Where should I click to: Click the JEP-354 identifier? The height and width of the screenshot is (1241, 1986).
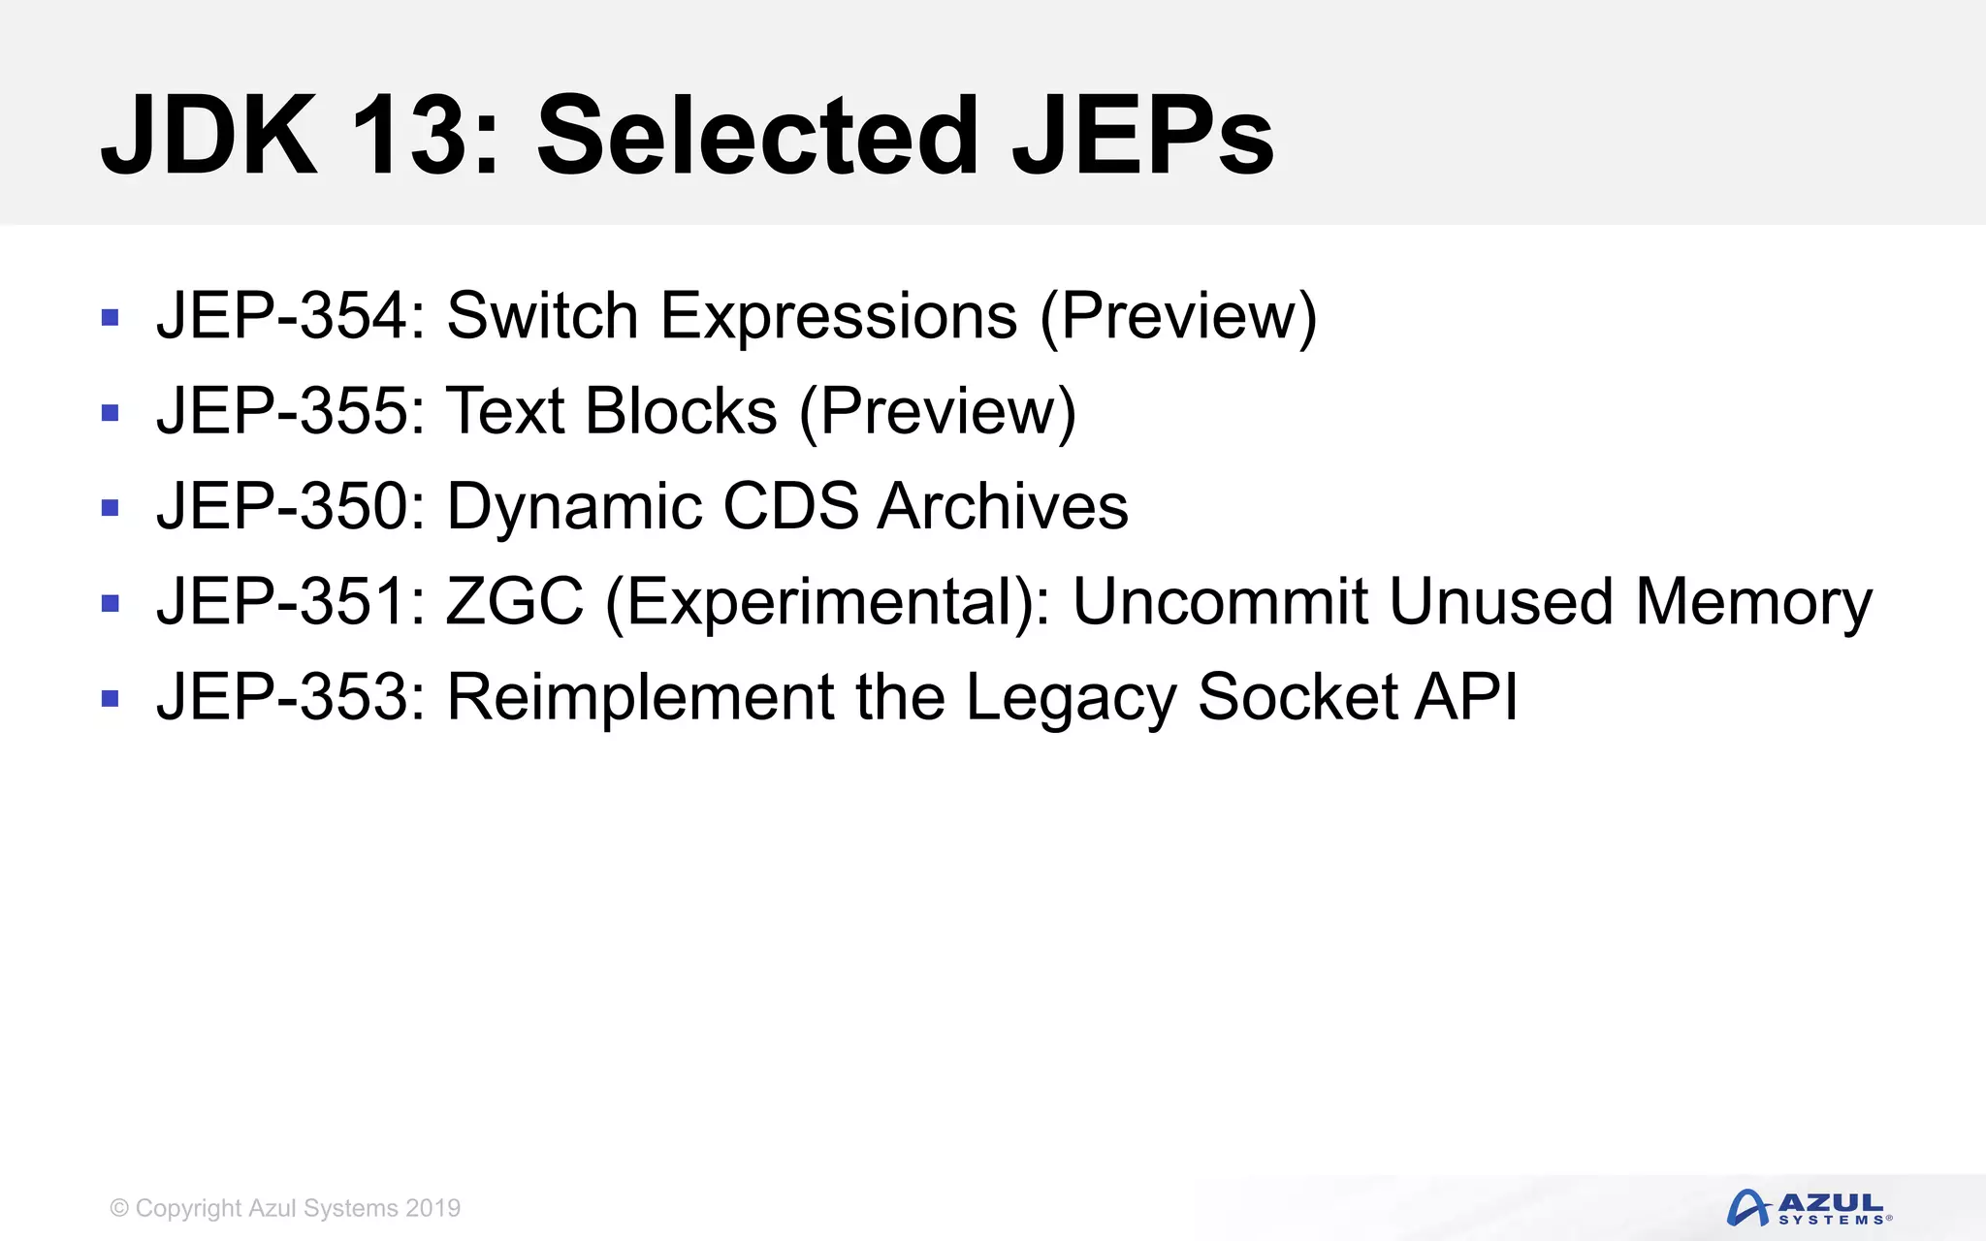[x=291, y=316]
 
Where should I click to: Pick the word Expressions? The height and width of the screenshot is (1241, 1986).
[x=839, y=316]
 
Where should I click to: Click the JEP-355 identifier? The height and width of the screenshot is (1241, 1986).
[x=291, y=411]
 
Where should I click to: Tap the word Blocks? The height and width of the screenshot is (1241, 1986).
[x=681, y=411]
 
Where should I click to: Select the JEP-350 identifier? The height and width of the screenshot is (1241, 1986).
[x=291, y=506]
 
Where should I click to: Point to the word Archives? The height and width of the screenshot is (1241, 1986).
[x=1003, y=506]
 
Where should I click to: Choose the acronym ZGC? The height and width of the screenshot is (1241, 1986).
[x=514, y=601]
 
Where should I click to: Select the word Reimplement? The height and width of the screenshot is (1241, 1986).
[x=640, y=696]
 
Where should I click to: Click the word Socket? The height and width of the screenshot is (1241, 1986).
[x=1296, y=696]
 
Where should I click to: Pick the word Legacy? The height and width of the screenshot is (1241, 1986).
[x=1071, y=698]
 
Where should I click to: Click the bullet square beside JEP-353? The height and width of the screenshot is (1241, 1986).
[x=110, y=698]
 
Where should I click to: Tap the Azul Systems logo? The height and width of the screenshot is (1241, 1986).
[x=1808, y=1208]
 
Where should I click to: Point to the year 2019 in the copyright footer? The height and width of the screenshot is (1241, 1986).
[x=432, y=1208]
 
